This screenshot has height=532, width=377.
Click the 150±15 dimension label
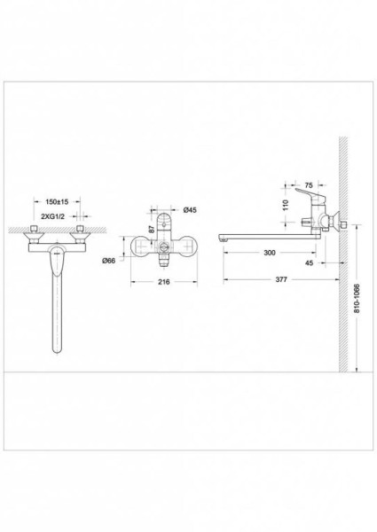point(57,201)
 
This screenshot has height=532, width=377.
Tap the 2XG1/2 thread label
point(52,216)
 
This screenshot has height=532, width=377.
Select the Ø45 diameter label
point(190,210)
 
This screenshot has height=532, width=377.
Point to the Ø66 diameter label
point(108,261)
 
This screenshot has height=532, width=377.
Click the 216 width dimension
point(164,282)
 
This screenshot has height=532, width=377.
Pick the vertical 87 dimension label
point(152,229)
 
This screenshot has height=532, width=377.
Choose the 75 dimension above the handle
point(309,185)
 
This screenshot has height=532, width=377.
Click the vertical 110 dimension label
point(285,205)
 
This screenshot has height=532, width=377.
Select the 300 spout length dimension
point(270,253)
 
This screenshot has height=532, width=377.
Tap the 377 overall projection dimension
point(281,279)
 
